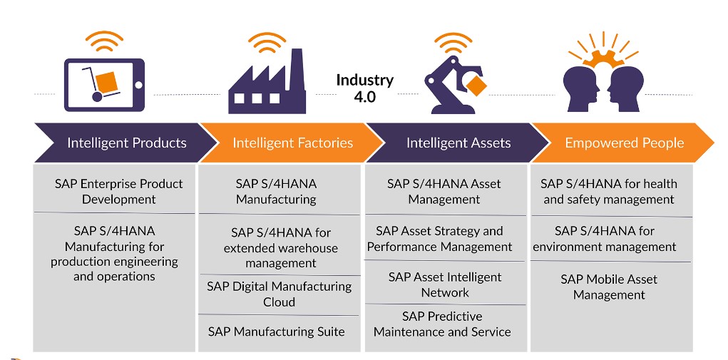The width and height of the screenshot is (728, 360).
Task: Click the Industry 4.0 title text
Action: click(364, 88)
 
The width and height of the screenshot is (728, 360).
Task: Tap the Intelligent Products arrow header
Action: click(126, 143)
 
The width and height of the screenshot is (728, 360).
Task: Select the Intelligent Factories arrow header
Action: click(292, 143)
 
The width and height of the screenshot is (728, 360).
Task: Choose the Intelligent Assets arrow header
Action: click(458, 143)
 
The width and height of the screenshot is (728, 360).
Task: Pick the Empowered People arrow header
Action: click(624, 143)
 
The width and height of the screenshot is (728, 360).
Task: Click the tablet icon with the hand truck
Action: click(103, 84)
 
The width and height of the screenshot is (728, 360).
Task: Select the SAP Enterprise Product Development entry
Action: click(118, 191)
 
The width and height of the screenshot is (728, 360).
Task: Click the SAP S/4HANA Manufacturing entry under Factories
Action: click(276, 191)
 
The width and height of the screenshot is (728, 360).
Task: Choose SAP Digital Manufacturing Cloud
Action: click(279, 294)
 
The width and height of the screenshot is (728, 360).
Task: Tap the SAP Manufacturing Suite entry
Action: click(276, 331)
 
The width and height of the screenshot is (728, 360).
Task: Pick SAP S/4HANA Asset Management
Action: click(444, 191)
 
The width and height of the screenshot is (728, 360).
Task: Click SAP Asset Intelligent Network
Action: click(445, 284)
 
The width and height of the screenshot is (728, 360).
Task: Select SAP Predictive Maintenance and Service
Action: click(442, 324)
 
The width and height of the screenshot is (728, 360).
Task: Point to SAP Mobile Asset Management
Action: click(609, 287)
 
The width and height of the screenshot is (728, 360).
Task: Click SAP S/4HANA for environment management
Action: click(605, 239)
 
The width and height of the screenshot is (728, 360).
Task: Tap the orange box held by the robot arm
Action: click(476, 86)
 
